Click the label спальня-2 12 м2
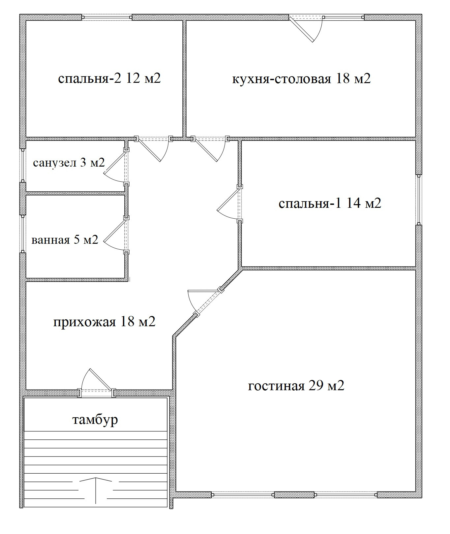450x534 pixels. (109, 79)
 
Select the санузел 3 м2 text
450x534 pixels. (69, 163)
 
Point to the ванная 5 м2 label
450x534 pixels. (65, 240)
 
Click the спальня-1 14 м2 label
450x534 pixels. (330, 203)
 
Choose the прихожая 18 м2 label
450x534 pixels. (104, 322)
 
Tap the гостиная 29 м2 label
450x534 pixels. (296, 385)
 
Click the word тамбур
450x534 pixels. (95, 420)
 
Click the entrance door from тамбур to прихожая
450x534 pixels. (97, 383)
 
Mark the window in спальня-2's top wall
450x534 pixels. (107, 17)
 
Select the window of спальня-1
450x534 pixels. (419, 200)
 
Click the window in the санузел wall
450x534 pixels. (23, 165)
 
